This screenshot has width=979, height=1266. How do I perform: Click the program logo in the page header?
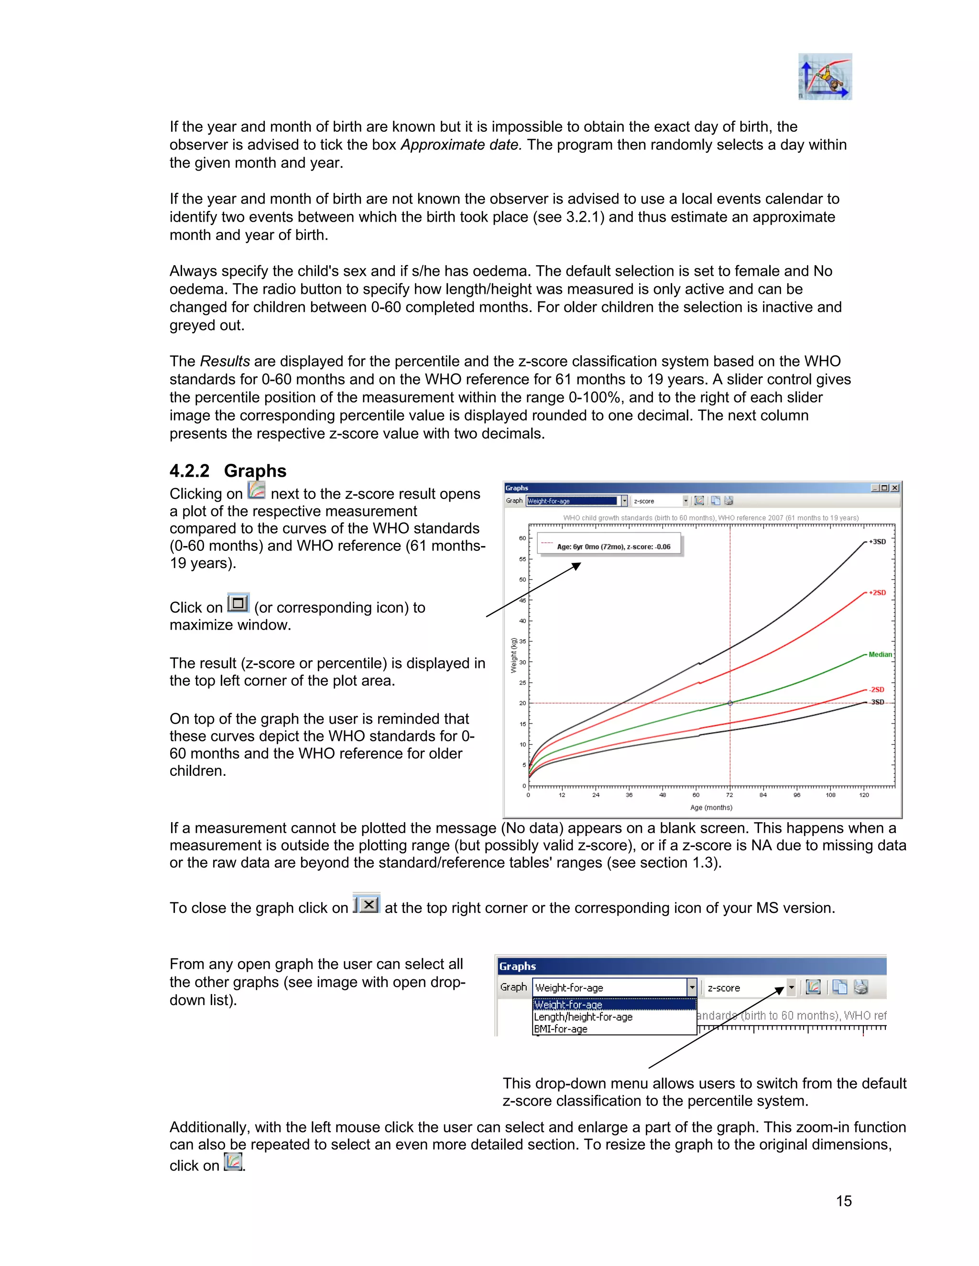coord(825,76)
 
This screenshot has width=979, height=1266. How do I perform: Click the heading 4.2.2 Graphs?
coord(228,470)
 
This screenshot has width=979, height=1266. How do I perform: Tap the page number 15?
coord(843,1201)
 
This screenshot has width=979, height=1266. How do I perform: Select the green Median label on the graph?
coord(880,654)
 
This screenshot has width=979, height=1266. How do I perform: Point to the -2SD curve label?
coord(876,689)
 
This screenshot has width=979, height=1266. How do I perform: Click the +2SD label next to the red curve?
coord(877,592)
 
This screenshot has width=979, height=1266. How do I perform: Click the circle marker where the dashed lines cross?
coord(730,703)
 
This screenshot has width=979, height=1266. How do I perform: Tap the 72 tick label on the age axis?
coord(729,795)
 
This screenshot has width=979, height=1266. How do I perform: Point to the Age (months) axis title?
coord(711,807)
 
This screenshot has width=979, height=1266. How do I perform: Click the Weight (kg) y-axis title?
coord(513,655)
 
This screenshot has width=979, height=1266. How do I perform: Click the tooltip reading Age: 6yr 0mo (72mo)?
coord(613,547)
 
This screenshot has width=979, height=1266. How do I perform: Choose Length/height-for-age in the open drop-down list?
coord(583,1017)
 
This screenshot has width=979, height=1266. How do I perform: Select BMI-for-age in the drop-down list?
coord(560,1029)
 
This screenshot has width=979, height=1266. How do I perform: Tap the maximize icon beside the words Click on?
coord(238,603)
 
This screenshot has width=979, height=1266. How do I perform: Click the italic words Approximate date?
coord(461,144)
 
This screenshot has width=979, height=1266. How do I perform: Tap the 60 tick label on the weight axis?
coord(522,538)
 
